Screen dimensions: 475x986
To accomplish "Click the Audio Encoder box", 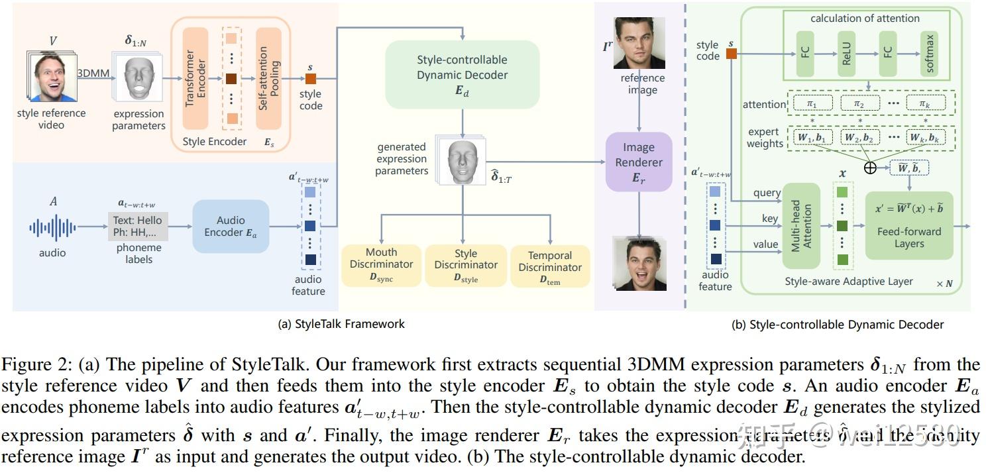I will [x=231, y=227].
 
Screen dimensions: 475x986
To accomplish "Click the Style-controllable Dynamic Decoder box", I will [x=462, y=74].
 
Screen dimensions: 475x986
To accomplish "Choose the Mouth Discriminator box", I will [x=381, y=265].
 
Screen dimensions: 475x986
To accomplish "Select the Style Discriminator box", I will [x=466, y=265].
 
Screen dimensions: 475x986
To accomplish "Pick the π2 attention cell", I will [x=859, y=104].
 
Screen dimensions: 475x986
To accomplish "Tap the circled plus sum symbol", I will [x=870, y=168].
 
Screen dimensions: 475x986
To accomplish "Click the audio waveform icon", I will [x=52, y=227].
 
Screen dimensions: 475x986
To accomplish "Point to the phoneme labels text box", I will [x=138, y=226].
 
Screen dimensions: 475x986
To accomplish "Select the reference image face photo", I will [x=638, y=43].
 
